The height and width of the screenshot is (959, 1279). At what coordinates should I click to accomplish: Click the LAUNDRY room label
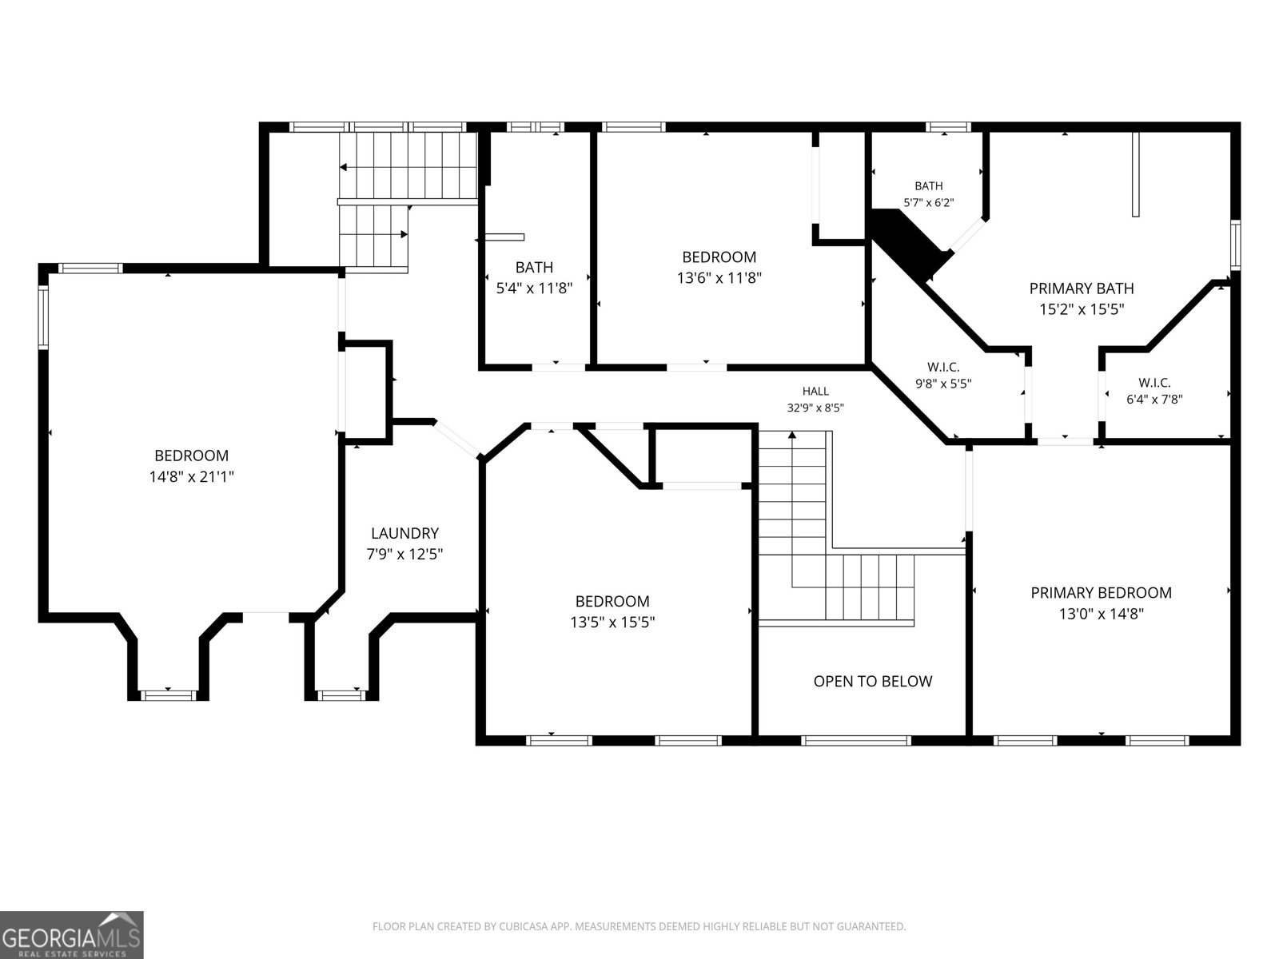click(404, 533)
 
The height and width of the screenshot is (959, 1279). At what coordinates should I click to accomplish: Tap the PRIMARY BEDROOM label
click(1101, 593)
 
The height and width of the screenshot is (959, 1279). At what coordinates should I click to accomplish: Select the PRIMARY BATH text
click(1082, 288)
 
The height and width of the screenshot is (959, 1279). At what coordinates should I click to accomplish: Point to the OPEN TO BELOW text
click(872, 681)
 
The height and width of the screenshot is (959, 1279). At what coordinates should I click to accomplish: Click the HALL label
click(815, 392)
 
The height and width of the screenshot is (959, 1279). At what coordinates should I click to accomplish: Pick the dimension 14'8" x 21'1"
click(191, 477)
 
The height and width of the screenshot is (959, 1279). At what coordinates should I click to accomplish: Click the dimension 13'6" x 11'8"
click(719, 278)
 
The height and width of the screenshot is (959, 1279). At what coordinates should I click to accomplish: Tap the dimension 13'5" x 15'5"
click(612, 623)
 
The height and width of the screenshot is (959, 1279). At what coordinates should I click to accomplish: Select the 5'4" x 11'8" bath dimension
click(534, 288)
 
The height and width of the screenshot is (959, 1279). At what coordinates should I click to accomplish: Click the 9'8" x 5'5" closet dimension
click(943, 384)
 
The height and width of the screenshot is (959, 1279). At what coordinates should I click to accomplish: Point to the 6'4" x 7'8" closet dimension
click(1154, 400)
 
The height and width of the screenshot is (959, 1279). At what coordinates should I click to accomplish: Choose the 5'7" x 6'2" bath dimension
click(928, 203)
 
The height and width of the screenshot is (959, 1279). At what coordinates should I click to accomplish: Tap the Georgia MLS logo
click(71, 934)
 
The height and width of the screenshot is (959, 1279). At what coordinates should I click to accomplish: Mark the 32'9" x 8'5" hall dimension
click(815, 408)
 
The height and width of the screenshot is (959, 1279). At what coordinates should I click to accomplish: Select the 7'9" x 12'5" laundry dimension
click(404, 554)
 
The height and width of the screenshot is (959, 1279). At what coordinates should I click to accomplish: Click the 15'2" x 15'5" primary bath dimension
click(1082, 309)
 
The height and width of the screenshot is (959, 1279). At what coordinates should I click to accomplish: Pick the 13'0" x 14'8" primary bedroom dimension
click(1101, 614)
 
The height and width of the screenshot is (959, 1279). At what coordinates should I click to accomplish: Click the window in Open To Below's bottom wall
click(855, 741)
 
